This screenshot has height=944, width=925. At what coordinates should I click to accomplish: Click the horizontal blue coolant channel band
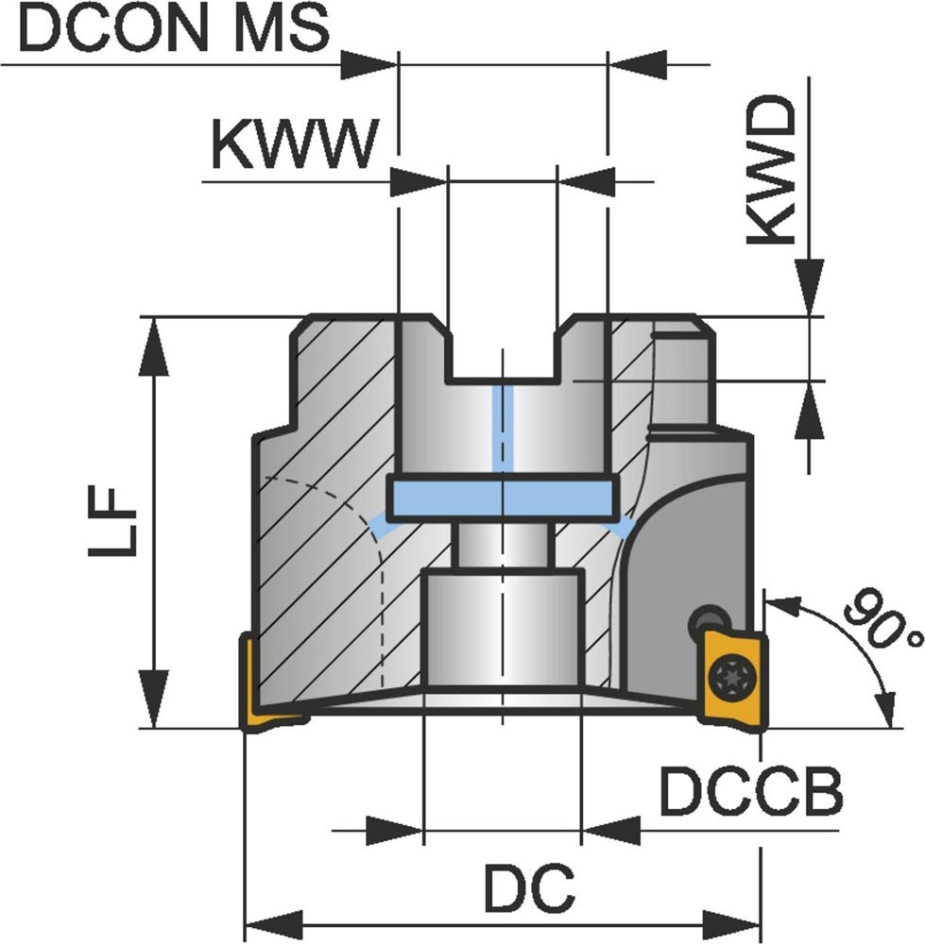click(x=503, y=494)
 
